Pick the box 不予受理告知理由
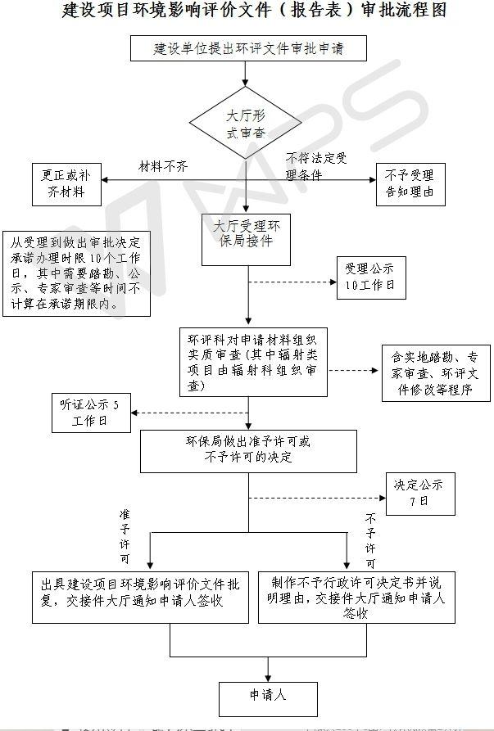coord(410,185)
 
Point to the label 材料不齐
coord(163,166)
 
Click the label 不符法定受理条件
coord(316,165)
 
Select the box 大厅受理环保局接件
coord(246,238)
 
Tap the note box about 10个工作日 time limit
coord(76,273)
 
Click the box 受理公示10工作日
coord(369,277)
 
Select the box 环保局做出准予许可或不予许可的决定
coord(249,449)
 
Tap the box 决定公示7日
coord(419,494)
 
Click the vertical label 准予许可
coord(125,538)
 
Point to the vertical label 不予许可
coord(370,541)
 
